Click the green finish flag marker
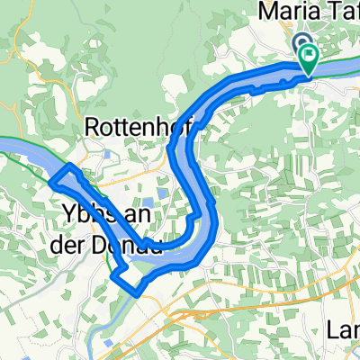(310, 58)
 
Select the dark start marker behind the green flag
(301, 43)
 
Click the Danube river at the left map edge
(13, 149)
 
